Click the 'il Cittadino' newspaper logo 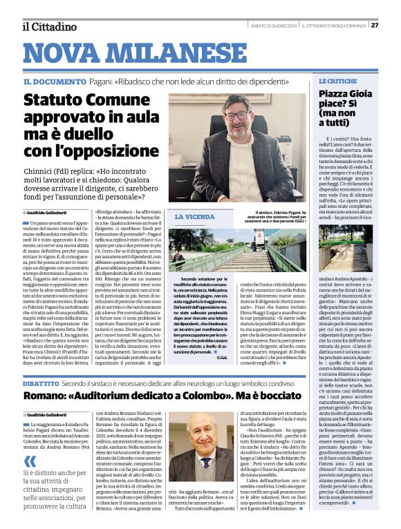tap(49, 26)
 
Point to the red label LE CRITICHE tap(338, 81)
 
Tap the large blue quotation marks tap(28, 461)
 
